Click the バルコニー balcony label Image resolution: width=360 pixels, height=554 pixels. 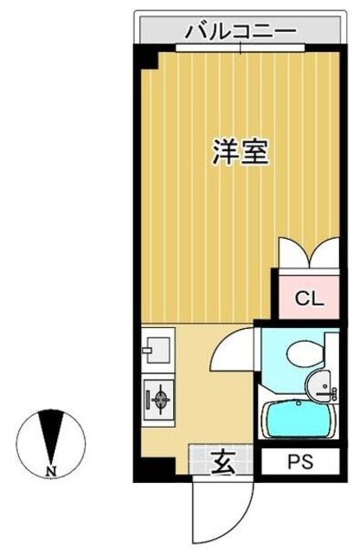pyautogui.click(x=241, y=33)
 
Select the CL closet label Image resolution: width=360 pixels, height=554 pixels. pyautogui.click(x=308, y=300)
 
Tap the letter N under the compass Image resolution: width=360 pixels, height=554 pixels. pyautogui.click(x=51, y=471)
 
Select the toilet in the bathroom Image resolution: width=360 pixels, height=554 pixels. pyautogui.click(x=303, y=353)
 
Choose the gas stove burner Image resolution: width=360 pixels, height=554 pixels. pyautogui.click(x=159, y=399)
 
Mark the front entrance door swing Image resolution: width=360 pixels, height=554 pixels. pyautogui.click(x=222, y=506)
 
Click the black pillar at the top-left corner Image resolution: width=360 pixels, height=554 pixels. pyautogui.click(x=148, y=59)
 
